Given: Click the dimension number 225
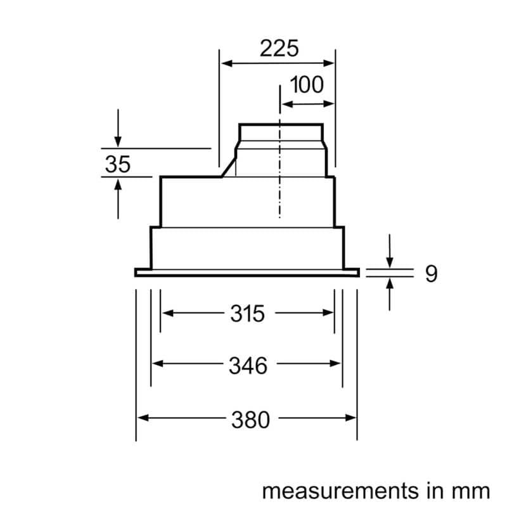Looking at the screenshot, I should [x=278, y=48].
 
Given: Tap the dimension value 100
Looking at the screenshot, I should [x=307, y=85].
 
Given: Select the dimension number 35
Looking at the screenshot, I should [x=117, y=164].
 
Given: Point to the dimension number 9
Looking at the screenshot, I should [x=431, y=274].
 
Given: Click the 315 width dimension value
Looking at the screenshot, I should [x=247, y=312].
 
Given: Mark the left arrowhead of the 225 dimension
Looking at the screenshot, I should [x=225, y=63].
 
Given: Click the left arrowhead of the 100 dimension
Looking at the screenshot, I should [x=285, y=103].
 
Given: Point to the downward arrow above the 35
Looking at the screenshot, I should [x=118, y=141].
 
